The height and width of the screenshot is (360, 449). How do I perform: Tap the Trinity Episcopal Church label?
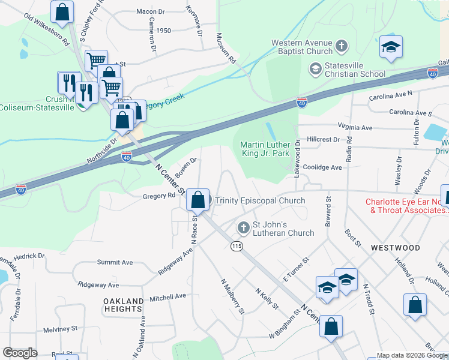tap(260, 200)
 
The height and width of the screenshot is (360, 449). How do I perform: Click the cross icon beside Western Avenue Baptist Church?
tap(341, 46)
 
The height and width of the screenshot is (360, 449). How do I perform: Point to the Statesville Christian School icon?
tap(315, 70)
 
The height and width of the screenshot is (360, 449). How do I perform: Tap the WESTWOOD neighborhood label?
tap(395, 247)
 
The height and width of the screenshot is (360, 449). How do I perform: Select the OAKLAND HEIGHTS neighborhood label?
tap(122, 305)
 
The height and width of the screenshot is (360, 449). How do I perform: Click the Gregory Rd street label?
tap(158, 196)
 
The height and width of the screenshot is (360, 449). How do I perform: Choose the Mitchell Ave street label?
tap(168, 297)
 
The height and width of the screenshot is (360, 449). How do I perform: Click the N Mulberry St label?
tap(233, 296)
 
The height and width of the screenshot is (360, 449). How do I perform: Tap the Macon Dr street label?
tap(150, 11)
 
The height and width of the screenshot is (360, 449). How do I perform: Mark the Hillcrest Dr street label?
tap(323, 139)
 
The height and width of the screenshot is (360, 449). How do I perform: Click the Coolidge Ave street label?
tap(322, 167)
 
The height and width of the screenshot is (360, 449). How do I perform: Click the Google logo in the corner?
tap(19, 353)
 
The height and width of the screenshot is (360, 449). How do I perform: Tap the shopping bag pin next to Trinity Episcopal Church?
tap(197, 200)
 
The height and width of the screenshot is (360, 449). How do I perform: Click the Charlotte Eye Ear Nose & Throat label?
tap(407, 206)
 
